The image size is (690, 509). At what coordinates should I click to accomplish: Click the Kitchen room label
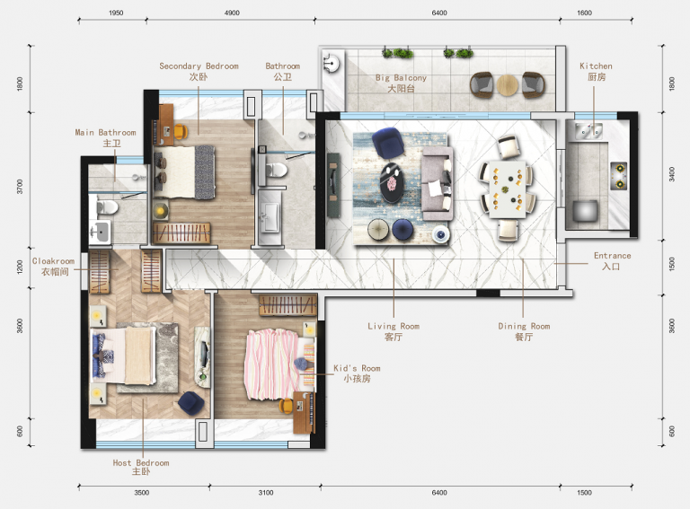click(596, 72)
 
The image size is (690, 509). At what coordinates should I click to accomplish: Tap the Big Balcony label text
click(401, 83)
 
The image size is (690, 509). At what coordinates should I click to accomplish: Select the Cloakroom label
click(54, 267)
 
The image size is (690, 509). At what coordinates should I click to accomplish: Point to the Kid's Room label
click(357, 373)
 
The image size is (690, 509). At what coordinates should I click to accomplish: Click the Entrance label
click(612, 261)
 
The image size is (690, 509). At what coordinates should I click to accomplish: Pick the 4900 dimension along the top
click(232, 13)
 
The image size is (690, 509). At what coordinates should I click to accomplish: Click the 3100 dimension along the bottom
click(266, 493)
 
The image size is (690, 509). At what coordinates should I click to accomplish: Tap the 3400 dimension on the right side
click(671, 174)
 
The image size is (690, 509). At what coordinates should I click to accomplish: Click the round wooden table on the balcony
click(508, 85)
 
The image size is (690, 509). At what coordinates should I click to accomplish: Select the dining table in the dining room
click(507, 189)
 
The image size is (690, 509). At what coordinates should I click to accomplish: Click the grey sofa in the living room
click(437, 184)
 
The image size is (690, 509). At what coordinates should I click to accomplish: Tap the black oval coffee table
click(392, 182)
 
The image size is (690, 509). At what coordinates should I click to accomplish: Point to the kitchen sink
click(588, 130)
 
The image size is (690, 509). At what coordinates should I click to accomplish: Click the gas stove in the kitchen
click(618, 176)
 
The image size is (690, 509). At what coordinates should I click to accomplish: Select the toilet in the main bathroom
click(106, 207)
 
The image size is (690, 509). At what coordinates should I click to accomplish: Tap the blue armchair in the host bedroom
click(191, 403)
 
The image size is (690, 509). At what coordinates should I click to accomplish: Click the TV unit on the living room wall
click(333, 185)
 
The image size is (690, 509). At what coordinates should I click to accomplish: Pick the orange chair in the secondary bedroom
click(180, 131)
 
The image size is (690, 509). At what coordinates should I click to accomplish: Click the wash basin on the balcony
click(331, 64)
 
